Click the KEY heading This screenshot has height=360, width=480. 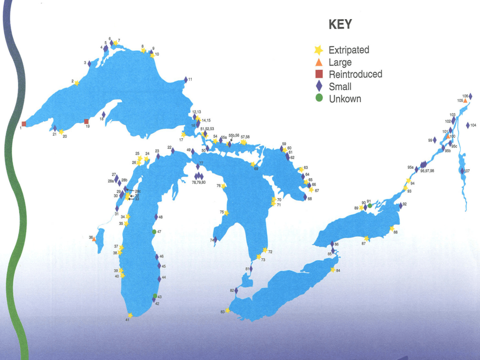[x=340, y=25]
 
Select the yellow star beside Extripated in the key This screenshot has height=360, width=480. [x=319, y=50]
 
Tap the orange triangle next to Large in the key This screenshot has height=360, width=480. [x=319, y=62]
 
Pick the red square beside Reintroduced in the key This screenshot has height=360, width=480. [x=319, y=74]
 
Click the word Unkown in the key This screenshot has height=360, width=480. [x=345, y=99]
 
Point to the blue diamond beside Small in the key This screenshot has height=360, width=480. [x=319, y=86]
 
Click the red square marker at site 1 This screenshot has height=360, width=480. [x=24, y=124]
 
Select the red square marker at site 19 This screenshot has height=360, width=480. [x=86, y=121]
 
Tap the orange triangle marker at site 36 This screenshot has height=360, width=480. [x=94, y=239]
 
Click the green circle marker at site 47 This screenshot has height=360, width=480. [x=154, y=232]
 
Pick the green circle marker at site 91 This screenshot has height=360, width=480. [x=370, y=205]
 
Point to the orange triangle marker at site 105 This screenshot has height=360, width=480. [x=465, y=100]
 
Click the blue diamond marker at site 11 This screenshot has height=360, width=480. [x=186, y=80]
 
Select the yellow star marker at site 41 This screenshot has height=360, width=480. [x=130, y=315]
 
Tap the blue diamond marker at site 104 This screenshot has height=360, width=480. [x=468, y=125]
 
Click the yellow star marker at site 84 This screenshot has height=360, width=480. [x=333, y=270]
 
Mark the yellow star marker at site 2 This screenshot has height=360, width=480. [x=77, y=83]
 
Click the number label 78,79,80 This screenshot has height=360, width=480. [x=199, y=182]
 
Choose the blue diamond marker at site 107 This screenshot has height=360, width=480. [x=462, y=171]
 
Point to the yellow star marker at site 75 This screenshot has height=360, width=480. [x=226, y=213]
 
